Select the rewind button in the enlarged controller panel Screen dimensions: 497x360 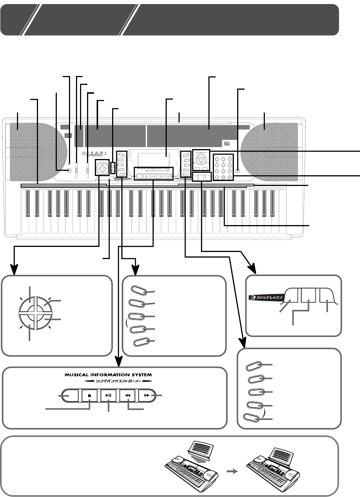coord(128,395)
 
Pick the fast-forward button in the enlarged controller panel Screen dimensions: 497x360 coord(147,395)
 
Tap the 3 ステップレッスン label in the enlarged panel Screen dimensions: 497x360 coord(270,296)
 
